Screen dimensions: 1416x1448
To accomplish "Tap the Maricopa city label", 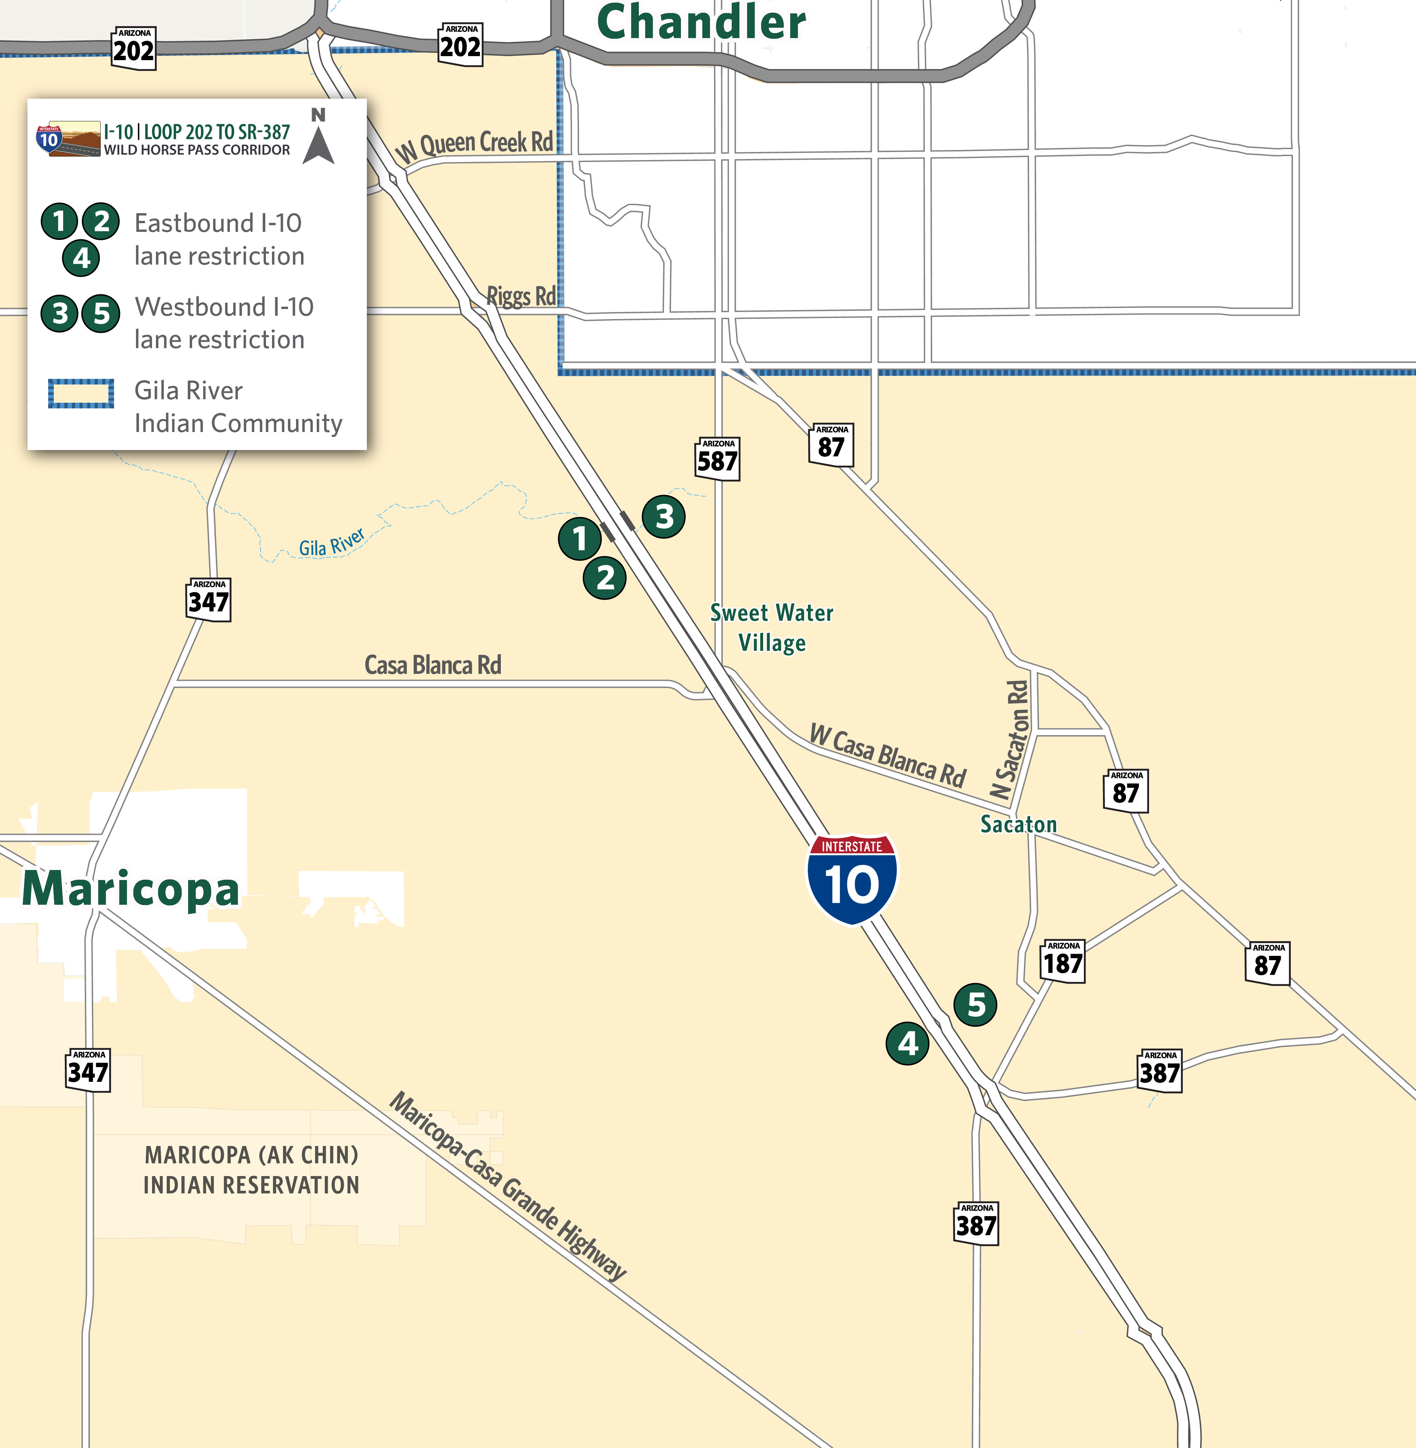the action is pos(131,889).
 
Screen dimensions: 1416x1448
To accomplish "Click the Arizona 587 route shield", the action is pos(718,459).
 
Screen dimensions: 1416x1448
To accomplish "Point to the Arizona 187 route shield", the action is pos(1063,961).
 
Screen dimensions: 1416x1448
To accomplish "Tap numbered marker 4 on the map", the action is pos(907,1043).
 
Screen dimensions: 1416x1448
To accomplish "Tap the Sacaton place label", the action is pos(1018,824).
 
